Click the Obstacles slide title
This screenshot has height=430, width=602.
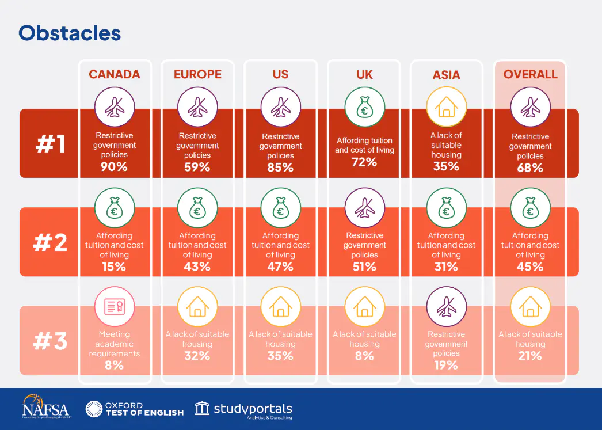tap(70, 33)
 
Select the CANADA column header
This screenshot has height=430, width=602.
tap(114, 74)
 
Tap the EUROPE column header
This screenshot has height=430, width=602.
tap(197, 74)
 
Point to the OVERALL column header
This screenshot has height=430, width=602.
tap(530, 74)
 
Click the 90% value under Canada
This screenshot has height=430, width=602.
tap(114, 168)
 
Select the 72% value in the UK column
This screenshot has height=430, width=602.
tap(364, 162)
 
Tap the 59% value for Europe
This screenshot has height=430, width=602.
tap(197, 168)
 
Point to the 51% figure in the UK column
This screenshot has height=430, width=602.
tap(364, 267)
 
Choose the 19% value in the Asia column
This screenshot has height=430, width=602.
tap(447, 365)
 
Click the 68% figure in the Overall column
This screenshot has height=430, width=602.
tap(530, 168)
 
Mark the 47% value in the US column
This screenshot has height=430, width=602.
tap(281, 267)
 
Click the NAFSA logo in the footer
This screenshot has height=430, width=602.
tap(45, 407)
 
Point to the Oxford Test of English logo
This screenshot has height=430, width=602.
tap(135, 409)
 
